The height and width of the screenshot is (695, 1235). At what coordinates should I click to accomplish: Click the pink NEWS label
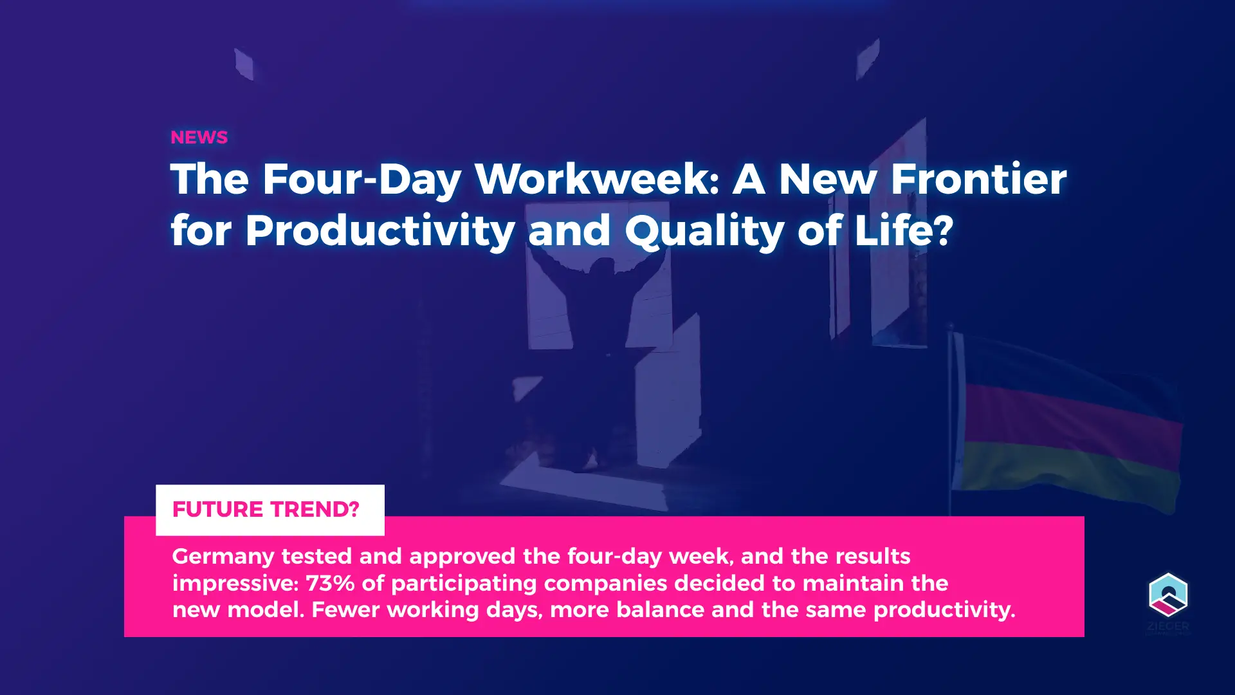point(199,137)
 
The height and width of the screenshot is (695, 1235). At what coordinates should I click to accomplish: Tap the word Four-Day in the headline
point(362,180)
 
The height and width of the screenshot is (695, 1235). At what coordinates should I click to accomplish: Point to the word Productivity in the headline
point(380,231)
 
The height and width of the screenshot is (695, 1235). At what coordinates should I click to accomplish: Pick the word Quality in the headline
point(704,231)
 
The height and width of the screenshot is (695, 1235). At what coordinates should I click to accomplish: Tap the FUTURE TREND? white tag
point(270,510)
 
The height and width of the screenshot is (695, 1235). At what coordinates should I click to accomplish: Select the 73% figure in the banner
point(330,583)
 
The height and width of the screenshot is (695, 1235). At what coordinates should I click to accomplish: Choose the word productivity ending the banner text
point(944,610)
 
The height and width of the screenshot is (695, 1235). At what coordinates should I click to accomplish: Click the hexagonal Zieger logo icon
point(1168,595)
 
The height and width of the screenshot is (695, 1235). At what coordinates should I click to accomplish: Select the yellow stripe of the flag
point(1068,473)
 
